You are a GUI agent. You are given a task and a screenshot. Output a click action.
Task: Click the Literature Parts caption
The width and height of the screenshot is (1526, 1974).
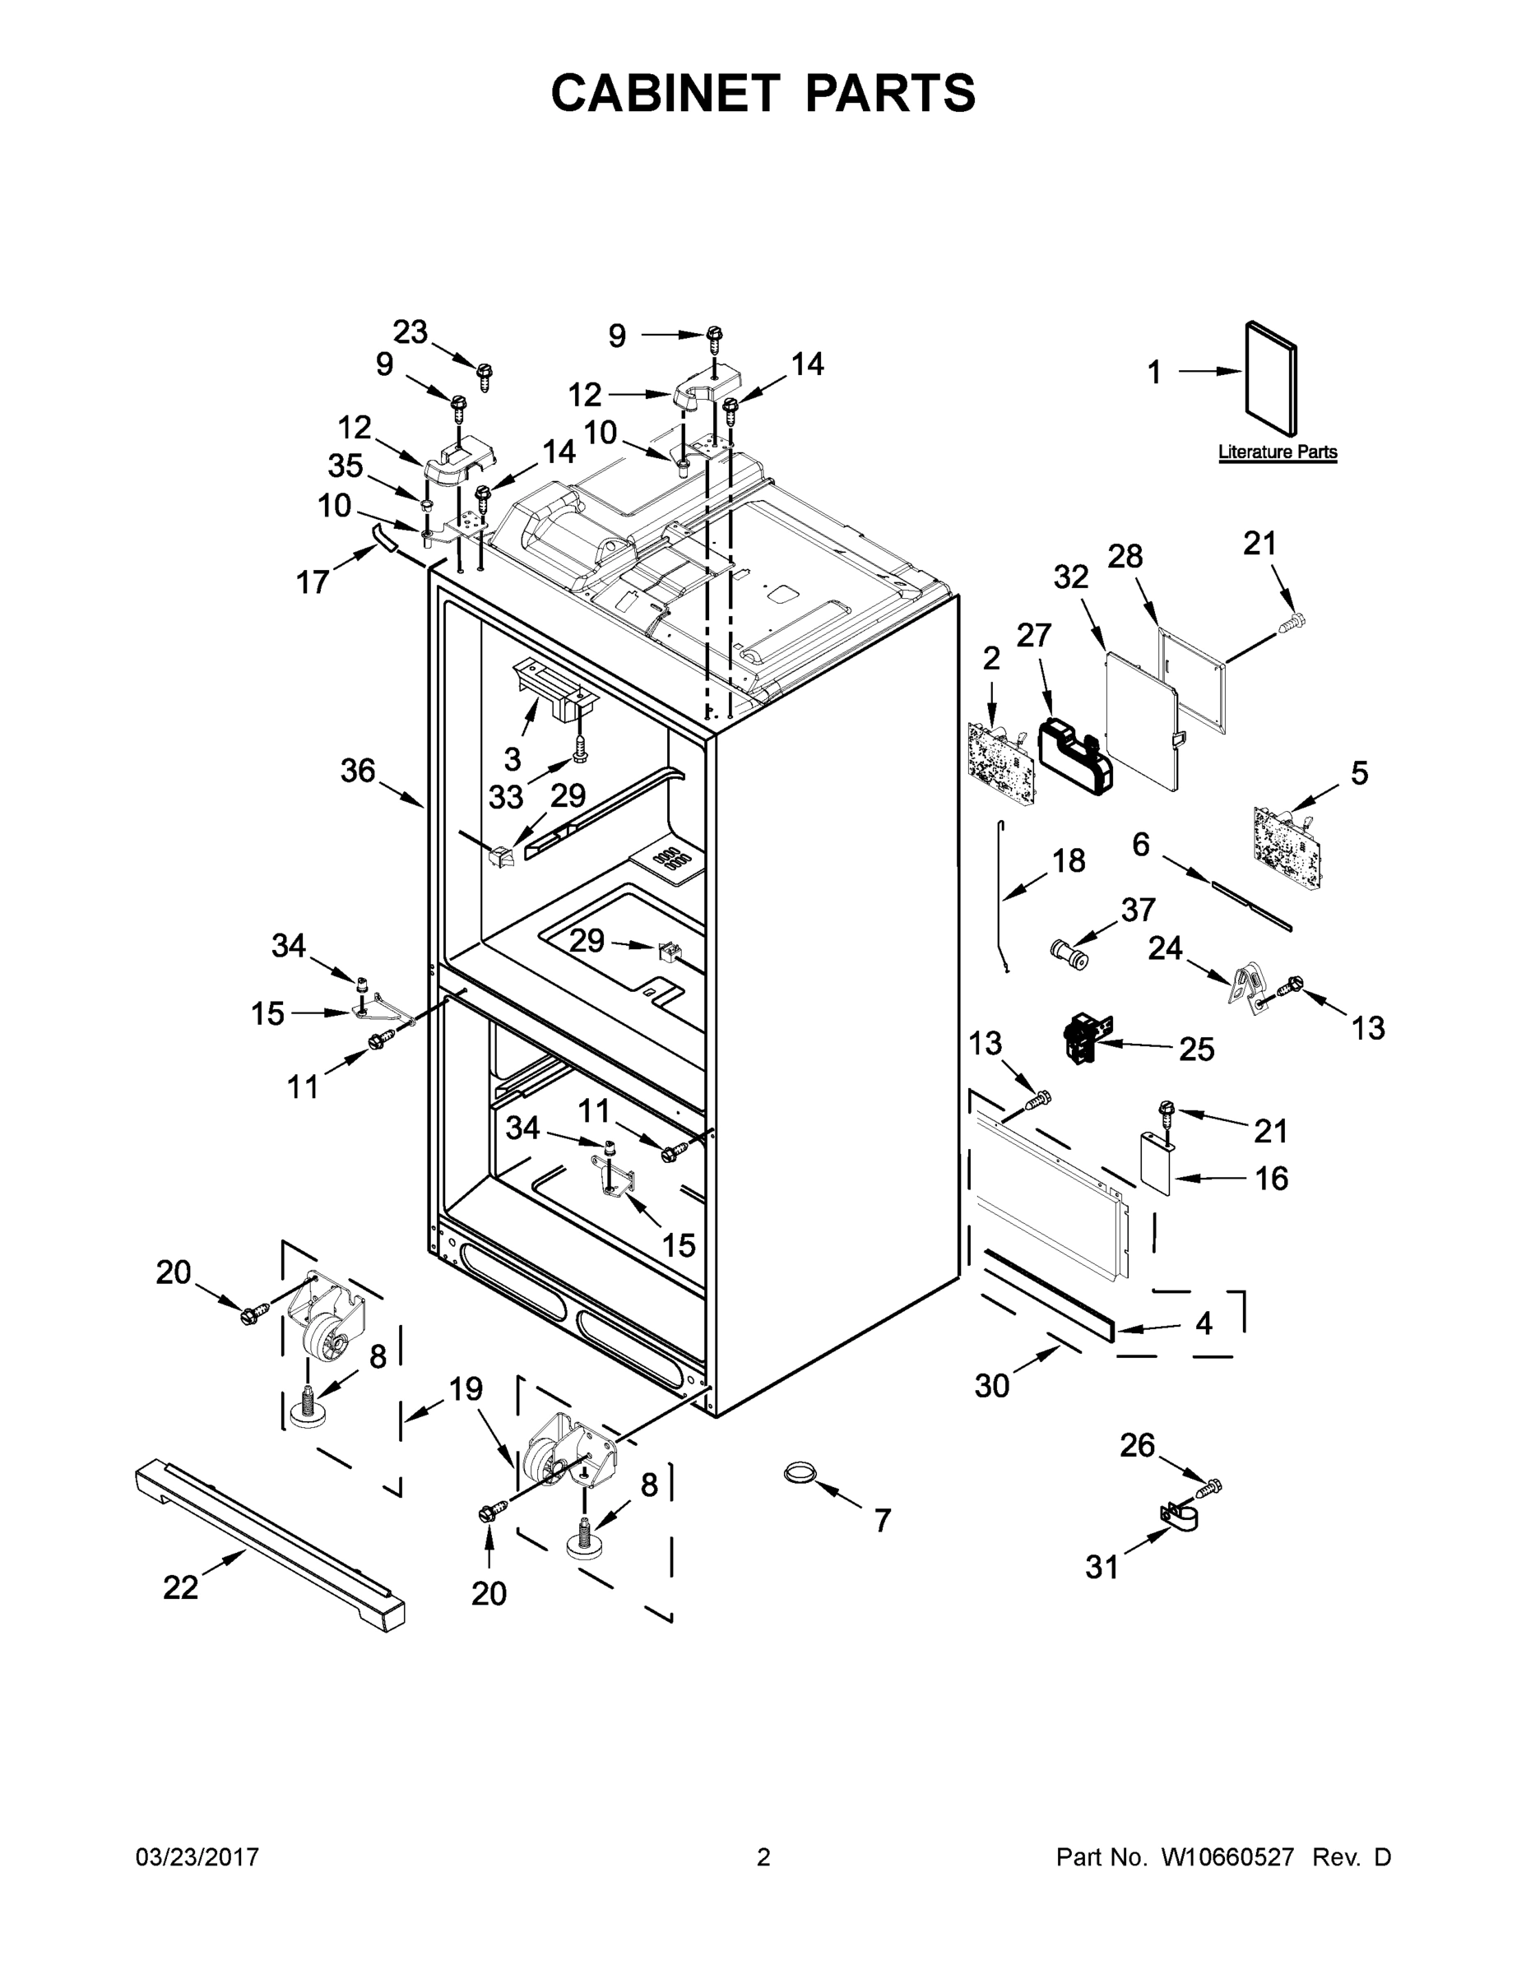pos(1277,452)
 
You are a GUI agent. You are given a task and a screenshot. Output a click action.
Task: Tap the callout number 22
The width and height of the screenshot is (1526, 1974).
pos(180,1587)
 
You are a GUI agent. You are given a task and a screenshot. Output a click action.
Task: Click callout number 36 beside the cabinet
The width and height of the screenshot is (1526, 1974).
pos(357,771)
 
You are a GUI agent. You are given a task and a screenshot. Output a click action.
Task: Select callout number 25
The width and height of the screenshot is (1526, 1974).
pos(1196,1049)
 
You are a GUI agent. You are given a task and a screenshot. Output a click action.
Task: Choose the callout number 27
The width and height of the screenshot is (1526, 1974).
pos(1034,636)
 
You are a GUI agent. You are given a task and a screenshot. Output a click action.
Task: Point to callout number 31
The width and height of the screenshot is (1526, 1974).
pos(1102,1567)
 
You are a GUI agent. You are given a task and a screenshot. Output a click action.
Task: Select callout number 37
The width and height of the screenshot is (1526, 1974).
pos(1139,909)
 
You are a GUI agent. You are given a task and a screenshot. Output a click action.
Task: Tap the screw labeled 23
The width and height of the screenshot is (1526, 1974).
pos(485,373)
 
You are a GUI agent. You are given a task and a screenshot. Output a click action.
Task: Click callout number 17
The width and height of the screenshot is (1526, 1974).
pos(313,582)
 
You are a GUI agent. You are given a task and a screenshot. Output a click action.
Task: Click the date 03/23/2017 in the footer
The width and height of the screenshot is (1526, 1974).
pos(197,1857)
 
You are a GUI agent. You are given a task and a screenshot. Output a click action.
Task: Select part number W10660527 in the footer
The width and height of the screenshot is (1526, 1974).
pos(1227,1857)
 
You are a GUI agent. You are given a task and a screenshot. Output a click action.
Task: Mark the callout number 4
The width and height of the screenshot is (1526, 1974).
pos(1204,1323)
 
